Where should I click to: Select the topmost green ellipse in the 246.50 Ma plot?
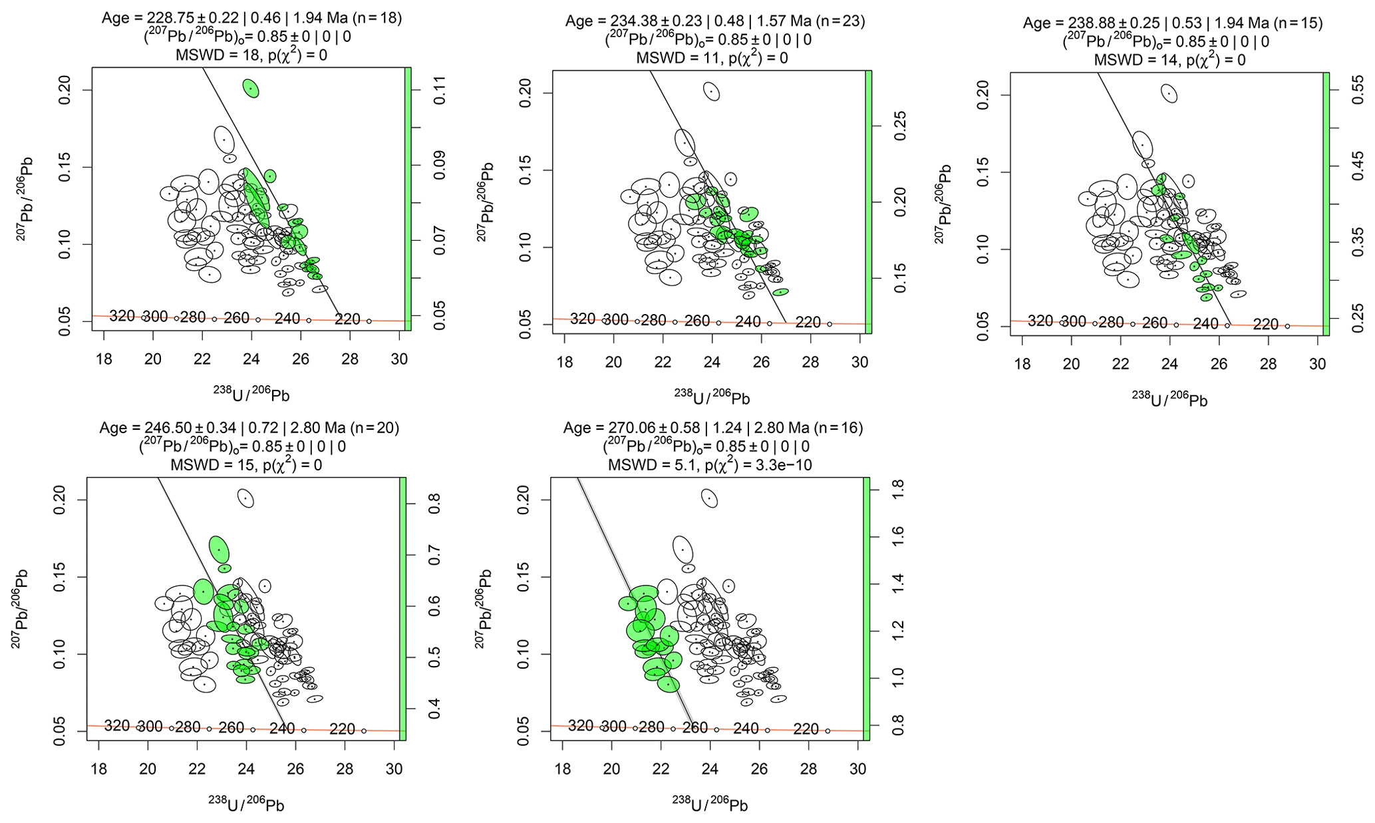click(219, 550)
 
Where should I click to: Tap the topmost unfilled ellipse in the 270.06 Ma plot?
click(710, 498)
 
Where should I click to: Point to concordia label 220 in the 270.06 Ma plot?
click(806, 729)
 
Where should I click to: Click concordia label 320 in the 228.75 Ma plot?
click(122, 316)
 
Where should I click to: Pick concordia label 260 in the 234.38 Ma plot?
click(696, 321)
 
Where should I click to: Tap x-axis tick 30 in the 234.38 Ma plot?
click(859, 363)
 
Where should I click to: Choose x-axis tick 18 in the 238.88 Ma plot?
click(1022, 365)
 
